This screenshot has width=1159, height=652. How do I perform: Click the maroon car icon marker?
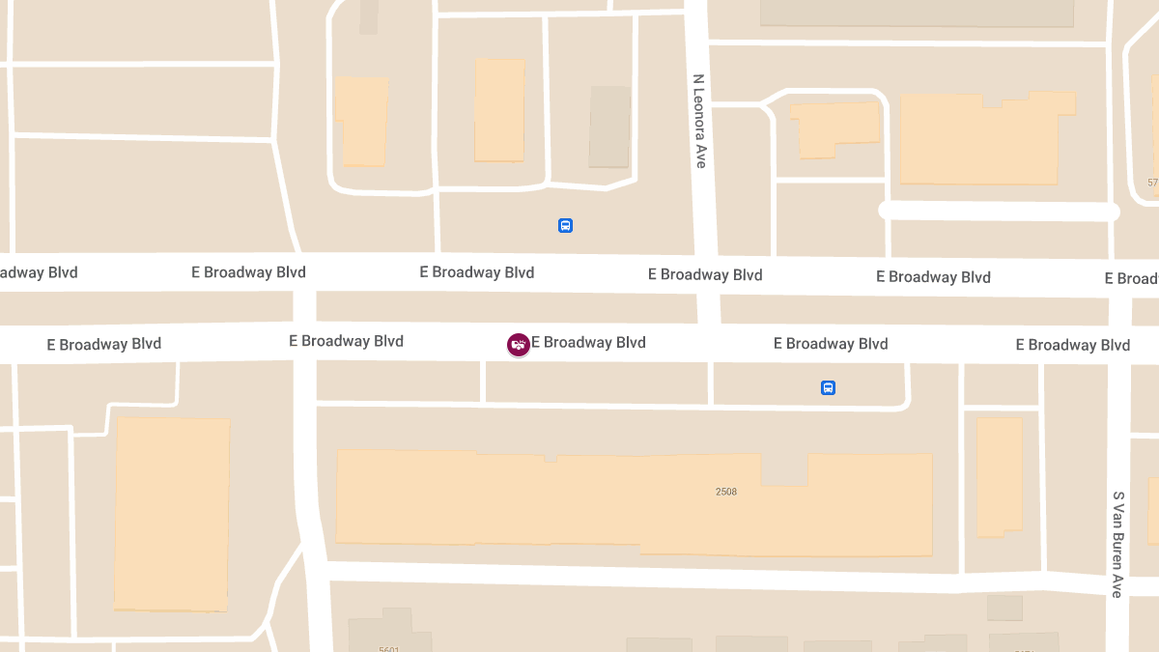519,344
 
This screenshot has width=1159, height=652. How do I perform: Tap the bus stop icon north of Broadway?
566,226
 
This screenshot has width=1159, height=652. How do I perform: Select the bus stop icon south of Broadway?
828,388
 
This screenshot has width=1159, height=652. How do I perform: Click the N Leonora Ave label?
700,122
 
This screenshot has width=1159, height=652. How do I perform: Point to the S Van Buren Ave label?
1117,544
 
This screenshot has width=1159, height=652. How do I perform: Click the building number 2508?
726,492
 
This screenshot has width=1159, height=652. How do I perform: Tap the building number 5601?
389,648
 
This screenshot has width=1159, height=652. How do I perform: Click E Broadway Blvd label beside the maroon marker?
588,343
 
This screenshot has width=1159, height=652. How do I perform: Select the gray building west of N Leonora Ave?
609,127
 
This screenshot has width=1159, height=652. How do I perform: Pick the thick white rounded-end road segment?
999,212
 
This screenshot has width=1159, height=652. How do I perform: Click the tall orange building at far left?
172,513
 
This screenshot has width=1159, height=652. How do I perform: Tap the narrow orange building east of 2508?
999,476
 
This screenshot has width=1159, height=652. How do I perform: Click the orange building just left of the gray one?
499,110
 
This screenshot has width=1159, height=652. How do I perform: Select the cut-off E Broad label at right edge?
1132,278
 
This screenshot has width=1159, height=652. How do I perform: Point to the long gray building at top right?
917,13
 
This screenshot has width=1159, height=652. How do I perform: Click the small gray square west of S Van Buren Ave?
1004,608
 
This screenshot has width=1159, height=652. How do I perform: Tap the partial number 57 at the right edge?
1152,183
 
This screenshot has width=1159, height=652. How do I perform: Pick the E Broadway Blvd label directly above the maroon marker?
477,272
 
